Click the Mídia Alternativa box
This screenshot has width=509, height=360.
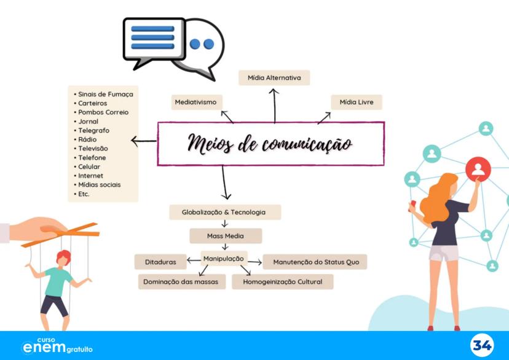click(x=274, y=78)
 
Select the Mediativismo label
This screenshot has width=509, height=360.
click(x=196, y=102)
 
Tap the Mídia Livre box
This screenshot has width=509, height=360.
click(x=357, y=102)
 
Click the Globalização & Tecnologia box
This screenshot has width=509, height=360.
click(x=224, y=212)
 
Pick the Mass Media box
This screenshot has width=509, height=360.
click(x=225, y=236)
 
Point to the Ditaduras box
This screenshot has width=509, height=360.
click(x=160, y=262)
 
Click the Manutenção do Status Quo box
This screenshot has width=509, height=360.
click(x=315, y=262)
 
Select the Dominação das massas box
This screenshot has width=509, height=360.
click(x=182, y=281)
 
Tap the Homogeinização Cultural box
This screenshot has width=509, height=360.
click(x=283, y=281)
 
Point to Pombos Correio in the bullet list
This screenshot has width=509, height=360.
click(x=103, y=112)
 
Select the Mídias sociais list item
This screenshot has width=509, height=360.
click(x=99, y=184)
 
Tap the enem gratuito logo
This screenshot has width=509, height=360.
click(x=57, y=346)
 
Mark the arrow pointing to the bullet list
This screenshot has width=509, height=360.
click(x=144, y=142)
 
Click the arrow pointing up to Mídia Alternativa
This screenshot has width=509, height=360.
click(x=275, y=104)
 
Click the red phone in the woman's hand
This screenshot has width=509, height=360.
click(x=414, y=204)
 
